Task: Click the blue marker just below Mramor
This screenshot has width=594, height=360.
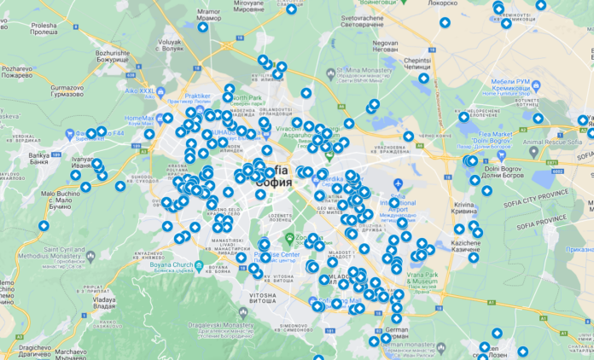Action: point(203,28)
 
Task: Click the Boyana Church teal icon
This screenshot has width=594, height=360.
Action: point(200,266)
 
